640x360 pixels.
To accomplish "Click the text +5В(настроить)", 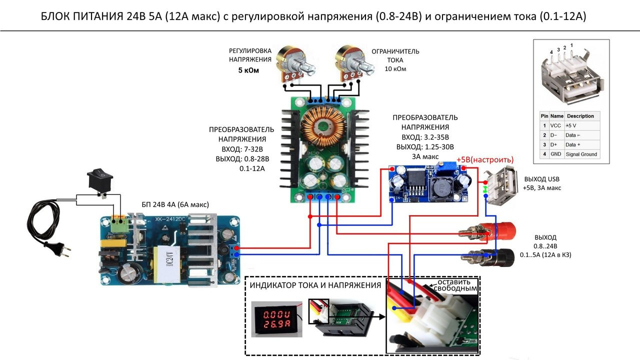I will pos(484,159).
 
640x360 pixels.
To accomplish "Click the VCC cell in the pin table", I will pos(555,125).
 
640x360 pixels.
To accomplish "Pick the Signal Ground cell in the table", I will pos(581,154).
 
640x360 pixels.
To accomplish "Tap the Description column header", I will pos(580,116).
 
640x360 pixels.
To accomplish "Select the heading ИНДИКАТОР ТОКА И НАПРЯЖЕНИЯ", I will pos(315,285).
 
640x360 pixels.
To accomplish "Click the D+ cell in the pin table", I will pos(554,144).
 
